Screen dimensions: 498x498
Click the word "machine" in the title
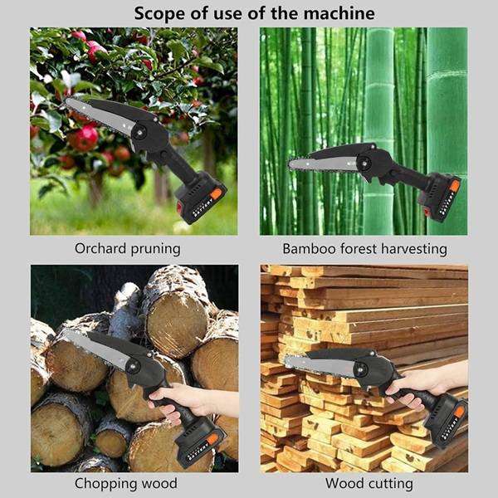[339, 13]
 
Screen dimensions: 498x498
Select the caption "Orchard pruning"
[128, 249]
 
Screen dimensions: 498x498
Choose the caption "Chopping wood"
[126, 484]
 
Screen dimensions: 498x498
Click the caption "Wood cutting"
[369, 484]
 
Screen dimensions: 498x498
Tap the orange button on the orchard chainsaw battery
[217, 193]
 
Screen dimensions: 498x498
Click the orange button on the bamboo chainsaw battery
[455, 186]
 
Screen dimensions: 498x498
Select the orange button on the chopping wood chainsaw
[212, 440]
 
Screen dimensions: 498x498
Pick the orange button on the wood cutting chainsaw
[460, 412]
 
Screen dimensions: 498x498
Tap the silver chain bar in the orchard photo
[99, 116]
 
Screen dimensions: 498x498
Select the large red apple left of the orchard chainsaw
[84, 138]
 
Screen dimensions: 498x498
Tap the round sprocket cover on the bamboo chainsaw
[364, 163]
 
